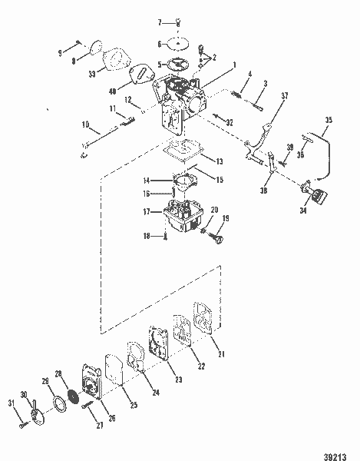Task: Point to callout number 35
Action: click(x=329, y=120)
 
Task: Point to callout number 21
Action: click(x=222, y=353)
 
